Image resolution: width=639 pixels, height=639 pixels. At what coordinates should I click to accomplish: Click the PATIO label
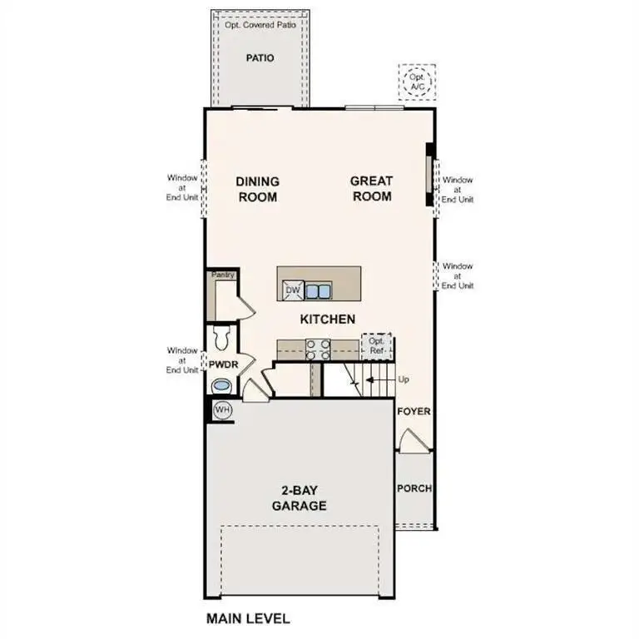[260, 58]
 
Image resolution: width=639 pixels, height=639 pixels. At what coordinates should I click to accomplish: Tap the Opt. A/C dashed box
[415, 81]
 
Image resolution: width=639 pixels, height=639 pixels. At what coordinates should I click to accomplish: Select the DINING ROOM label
[256, 189]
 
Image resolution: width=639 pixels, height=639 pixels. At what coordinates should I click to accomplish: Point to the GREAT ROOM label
[371, 189]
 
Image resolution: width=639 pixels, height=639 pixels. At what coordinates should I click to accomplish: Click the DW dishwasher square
[292, 290]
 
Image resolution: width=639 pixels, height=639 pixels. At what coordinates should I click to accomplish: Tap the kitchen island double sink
[318, 290]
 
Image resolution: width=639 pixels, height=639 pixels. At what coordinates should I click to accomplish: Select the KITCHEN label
[328, 319]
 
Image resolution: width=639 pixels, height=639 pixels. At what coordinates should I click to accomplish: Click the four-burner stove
[318, 349]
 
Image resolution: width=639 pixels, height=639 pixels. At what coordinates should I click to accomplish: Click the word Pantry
[223, 275]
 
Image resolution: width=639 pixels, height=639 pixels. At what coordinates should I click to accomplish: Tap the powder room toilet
[221, 337]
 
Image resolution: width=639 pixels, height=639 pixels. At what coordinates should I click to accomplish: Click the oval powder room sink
[221, 385]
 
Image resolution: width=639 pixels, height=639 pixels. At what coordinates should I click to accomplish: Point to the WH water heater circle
[222, 410]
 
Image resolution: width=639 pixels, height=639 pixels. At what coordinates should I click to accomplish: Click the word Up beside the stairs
[405, 379]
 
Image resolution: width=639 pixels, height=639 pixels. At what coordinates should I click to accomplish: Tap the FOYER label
[414, 412]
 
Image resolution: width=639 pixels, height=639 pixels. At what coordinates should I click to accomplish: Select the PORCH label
[414, 488]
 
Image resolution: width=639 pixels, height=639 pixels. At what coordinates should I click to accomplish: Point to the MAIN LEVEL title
[248, 619]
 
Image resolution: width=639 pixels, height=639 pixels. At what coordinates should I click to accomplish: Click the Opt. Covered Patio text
[260, 25]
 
